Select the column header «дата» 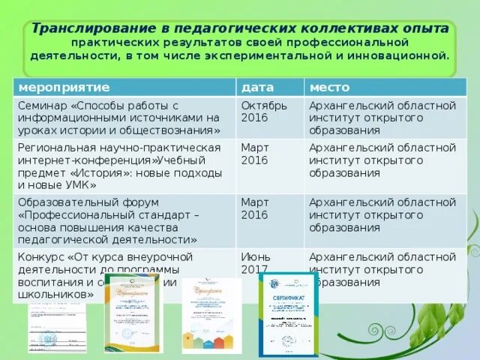pyautogui.click(x=257, y=88)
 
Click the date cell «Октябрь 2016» pyautogui.click(x=263, y=111)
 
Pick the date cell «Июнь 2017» pyautogui.click(x=256, y=262)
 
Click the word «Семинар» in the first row pyautogui.click(x=43, y=105)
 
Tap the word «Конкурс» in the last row pyautogui.click(x=41, y=256)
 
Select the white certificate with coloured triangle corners pyautogui.click(x=211, y=315)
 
